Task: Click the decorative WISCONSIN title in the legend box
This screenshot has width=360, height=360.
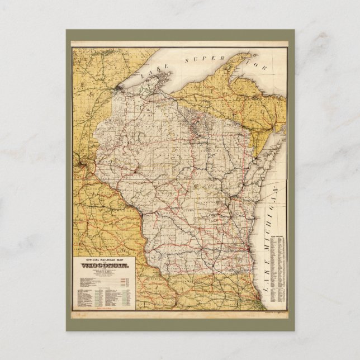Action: [x=106, y=266]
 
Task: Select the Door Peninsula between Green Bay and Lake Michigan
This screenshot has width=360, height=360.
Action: [x=269, y=157]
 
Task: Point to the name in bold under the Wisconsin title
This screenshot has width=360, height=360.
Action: [x=106, y=272]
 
